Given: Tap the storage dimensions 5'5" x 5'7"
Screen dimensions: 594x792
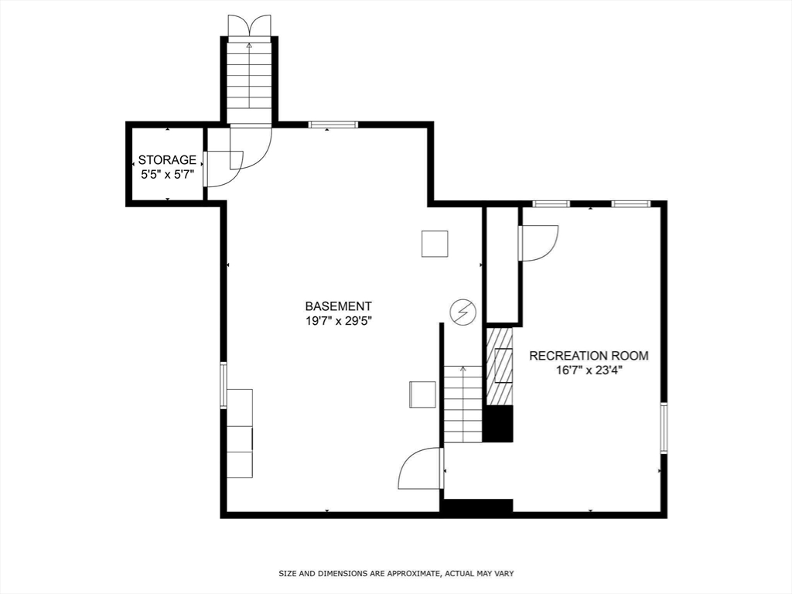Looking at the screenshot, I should tap(166, 175).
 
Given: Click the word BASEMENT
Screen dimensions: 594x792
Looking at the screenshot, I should tap(338, 306).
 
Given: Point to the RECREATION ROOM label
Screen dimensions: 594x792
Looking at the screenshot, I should tap(589, 356).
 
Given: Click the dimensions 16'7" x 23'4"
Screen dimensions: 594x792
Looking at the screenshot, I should tap(589, 370).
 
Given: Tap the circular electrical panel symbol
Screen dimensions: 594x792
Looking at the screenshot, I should tap(463, 311).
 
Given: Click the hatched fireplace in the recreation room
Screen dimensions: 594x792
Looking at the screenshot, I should tap(500, 365).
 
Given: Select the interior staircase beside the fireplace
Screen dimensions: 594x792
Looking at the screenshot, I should tap(463, 404).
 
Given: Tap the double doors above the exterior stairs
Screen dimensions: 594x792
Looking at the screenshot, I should tap(249, 25).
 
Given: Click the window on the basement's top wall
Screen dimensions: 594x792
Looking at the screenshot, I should tap(333, 125).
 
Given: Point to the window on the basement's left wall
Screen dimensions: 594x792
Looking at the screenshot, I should tap(224, 385).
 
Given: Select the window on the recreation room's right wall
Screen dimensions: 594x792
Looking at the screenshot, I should tap(663, 427).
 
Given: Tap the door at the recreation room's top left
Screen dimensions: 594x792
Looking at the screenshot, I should tap(539, 242).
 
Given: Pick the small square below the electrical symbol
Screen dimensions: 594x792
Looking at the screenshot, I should tap(422, 394).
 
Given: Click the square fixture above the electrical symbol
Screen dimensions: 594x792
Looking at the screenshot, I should tap(435, 244).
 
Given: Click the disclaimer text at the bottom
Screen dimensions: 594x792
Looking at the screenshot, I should tap(396, 573).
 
